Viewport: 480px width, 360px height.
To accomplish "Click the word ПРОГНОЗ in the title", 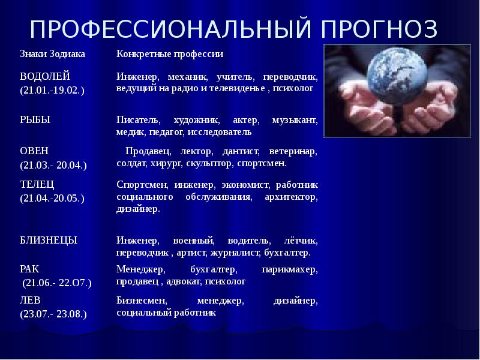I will [x=380, y=29].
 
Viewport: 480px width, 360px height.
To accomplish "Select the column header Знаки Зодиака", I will [x=53, y=54].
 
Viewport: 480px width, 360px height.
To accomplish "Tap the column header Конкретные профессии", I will [x=170, y=54].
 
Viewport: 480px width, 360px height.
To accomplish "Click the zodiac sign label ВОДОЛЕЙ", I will [x=46, y=76].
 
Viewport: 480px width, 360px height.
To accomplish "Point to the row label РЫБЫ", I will [x=35, y=119].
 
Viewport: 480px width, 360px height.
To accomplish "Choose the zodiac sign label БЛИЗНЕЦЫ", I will [x=49, y=240].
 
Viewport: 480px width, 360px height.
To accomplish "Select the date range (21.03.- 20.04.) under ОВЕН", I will [x=53, y=164].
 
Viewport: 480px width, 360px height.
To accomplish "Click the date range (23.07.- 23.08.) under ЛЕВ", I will [x=53, y=313].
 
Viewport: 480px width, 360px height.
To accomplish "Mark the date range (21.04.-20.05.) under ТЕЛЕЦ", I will [x=52, y=197].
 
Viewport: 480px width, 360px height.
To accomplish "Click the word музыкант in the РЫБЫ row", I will [x=295, y=120].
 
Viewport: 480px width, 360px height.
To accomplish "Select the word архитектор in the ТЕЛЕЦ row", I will [x=291, y=197].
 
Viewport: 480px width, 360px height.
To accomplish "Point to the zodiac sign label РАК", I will [x=29, y=269].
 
